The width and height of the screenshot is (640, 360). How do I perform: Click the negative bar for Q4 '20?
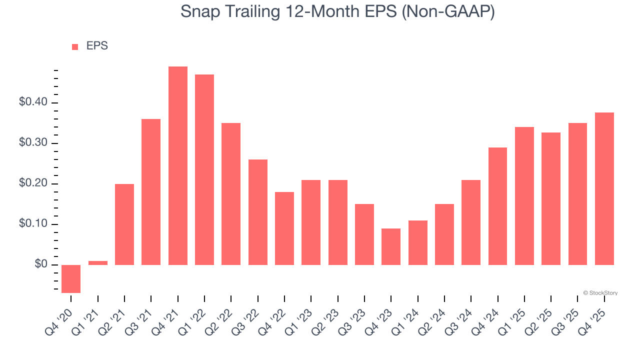coord(71,278)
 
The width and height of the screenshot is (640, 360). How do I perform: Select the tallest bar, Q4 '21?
coord(178,165)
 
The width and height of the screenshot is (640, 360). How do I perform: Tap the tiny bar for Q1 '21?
coord(98,262)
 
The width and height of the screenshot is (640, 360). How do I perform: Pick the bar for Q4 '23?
coord(391,246)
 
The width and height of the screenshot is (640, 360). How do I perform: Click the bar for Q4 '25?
coord(604,188)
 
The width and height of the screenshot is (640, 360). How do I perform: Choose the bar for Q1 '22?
coord(204,169)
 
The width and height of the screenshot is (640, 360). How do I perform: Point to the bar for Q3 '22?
coord(258,212)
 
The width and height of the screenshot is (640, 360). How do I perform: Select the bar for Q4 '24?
coord(497,206)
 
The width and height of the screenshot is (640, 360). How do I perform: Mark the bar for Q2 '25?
coord(551,198)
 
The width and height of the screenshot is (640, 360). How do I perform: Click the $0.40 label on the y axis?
coord(33,102)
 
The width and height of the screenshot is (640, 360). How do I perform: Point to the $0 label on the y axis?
coord(41,264)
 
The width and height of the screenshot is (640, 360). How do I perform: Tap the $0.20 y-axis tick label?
coord(33,183)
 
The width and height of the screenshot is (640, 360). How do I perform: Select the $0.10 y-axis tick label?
coord(33,224)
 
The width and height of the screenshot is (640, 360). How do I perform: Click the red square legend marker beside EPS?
coord(75,46)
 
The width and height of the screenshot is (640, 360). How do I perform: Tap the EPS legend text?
coord(97,46)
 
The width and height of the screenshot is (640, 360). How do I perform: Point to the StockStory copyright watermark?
coord(600,293)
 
